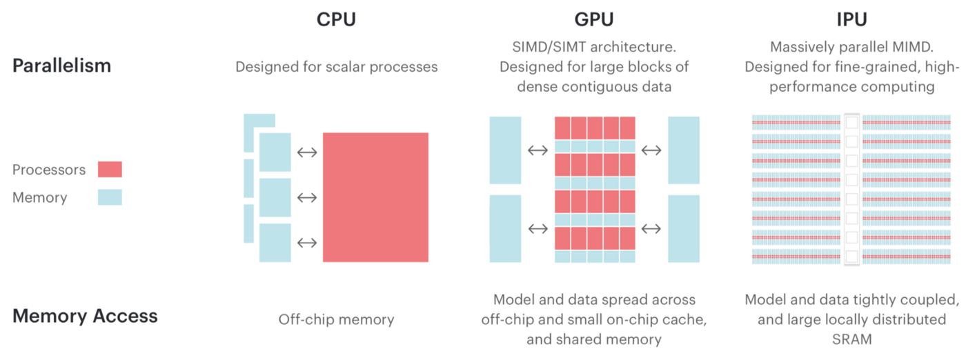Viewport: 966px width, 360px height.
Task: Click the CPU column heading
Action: click(337, 19)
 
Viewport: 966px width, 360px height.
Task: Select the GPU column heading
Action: click(594, 19)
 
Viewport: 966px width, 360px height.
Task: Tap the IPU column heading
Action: click(851, 19)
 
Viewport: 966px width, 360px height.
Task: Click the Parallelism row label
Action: click(61, 66)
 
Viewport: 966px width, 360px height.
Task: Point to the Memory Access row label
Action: click(85, 317)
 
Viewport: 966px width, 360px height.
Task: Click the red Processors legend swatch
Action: click(110, 170)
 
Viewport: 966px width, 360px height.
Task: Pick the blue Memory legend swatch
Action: click(110, 197)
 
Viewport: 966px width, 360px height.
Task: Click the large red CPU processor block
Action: click(375, 197)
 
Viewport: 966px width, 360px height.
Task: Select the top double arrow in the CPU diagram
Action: click(306, 152)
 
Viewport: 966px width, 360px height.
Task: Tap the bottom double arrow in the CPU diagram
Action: click(306, 243)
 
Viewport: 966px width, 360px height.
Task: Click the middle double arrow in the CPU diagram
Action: click(306, 198)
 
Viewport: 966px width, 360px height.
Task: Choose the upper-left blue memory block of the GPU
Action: click(505, 150)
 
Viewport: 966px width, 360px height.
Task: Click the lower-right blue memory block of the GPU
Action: click(683, 229)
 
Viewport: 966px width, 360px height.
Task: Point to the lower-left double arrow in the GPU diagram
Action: click(538, 229)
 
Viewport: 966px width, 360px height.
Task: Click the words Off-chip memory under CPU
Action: click(336, 319)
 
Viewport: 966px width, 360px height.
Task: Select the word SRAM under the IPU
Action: click(851, 339)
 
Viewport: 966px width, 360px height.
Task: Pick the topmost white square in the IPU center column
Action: click(851, 122)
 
